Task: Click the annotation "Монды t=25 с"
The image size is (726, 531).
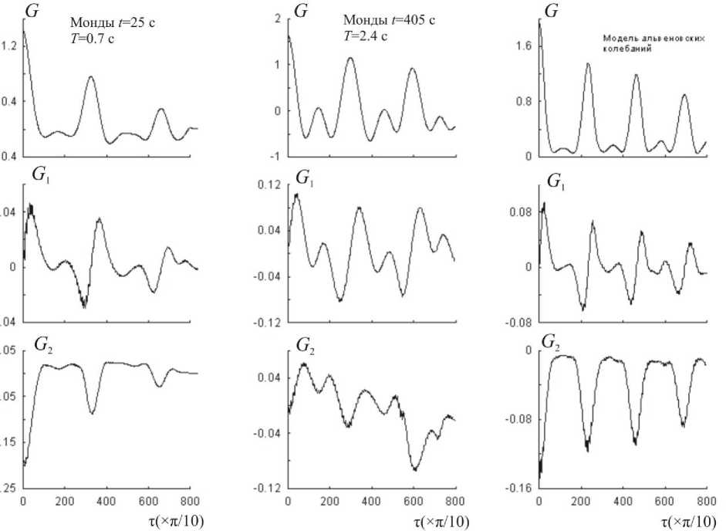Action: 113,23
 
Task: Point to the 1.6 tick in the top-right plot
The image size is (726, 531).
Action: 522,46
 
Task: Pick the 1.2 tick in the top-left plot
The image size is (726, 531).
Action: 10,46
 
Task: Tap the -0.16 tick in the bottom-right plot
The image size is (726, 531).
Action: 517,489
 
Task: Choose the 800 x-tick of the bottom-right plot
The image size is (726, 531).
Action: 705,500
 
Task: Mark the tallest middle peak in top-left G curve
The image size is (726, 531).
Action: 91,77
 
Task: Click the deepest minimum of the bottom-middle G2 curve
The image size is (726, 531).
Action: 416,469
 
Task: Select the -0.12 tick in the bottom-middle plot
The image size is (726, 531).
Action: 268,489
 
